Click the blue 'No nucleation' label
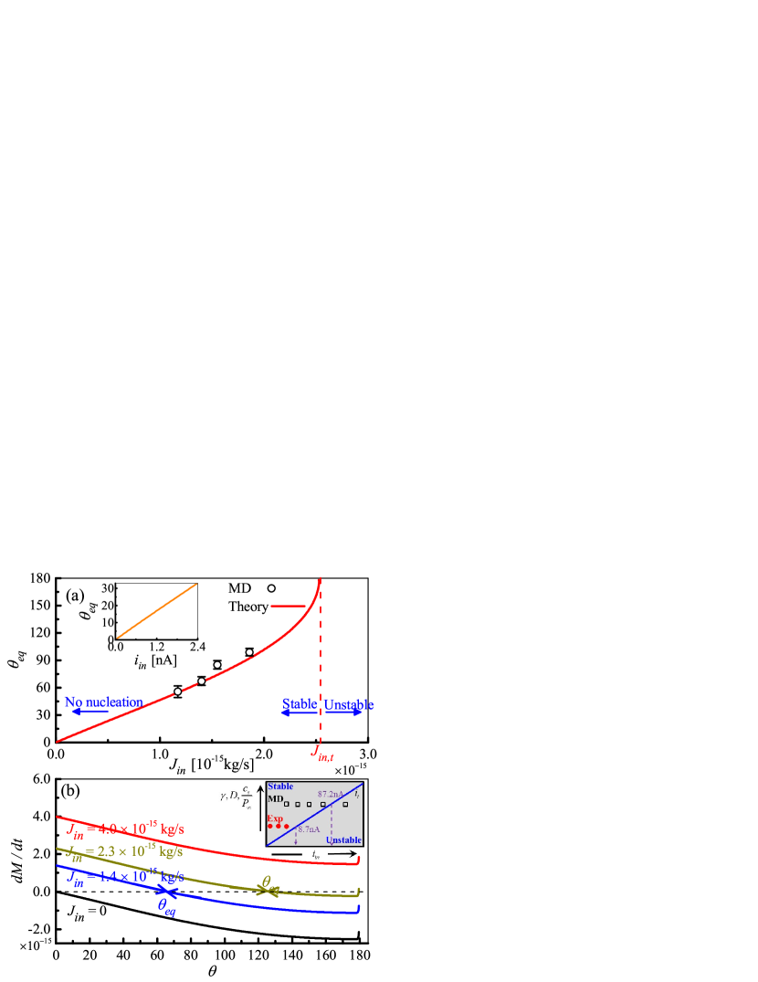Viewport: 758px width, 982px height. [x=103, y=702]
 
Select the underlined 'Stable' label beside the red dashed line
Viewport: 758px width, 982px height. [x=299, y=703]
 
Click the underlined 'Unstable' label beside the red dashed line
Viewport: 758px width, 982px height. [x=348, y=704]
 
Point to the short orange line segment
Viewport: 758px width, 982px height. [x=157, y=611]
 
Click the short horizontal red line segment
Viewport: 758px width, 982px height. [x=288, y=606]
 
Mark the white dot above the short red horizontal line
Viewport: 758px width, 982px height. [x=271, y=588]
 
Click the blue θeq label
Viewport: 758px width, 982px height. [x=166, y=906]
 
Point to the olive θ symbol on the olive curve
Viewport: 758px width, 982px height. [x=266, y=882]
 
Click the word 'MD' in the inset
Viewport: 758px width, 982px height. [x=275, y=798]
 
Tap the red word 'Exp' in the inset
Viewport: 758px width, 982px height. [x=275, y=818]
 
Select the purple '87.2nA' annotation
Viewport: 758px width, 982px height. [x=331, y=794]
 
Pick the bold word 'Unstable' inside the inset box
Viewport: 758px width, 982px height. [x=343, y=839]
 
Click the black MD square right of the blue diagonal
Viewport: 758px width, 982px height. [x=345, y=804]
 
